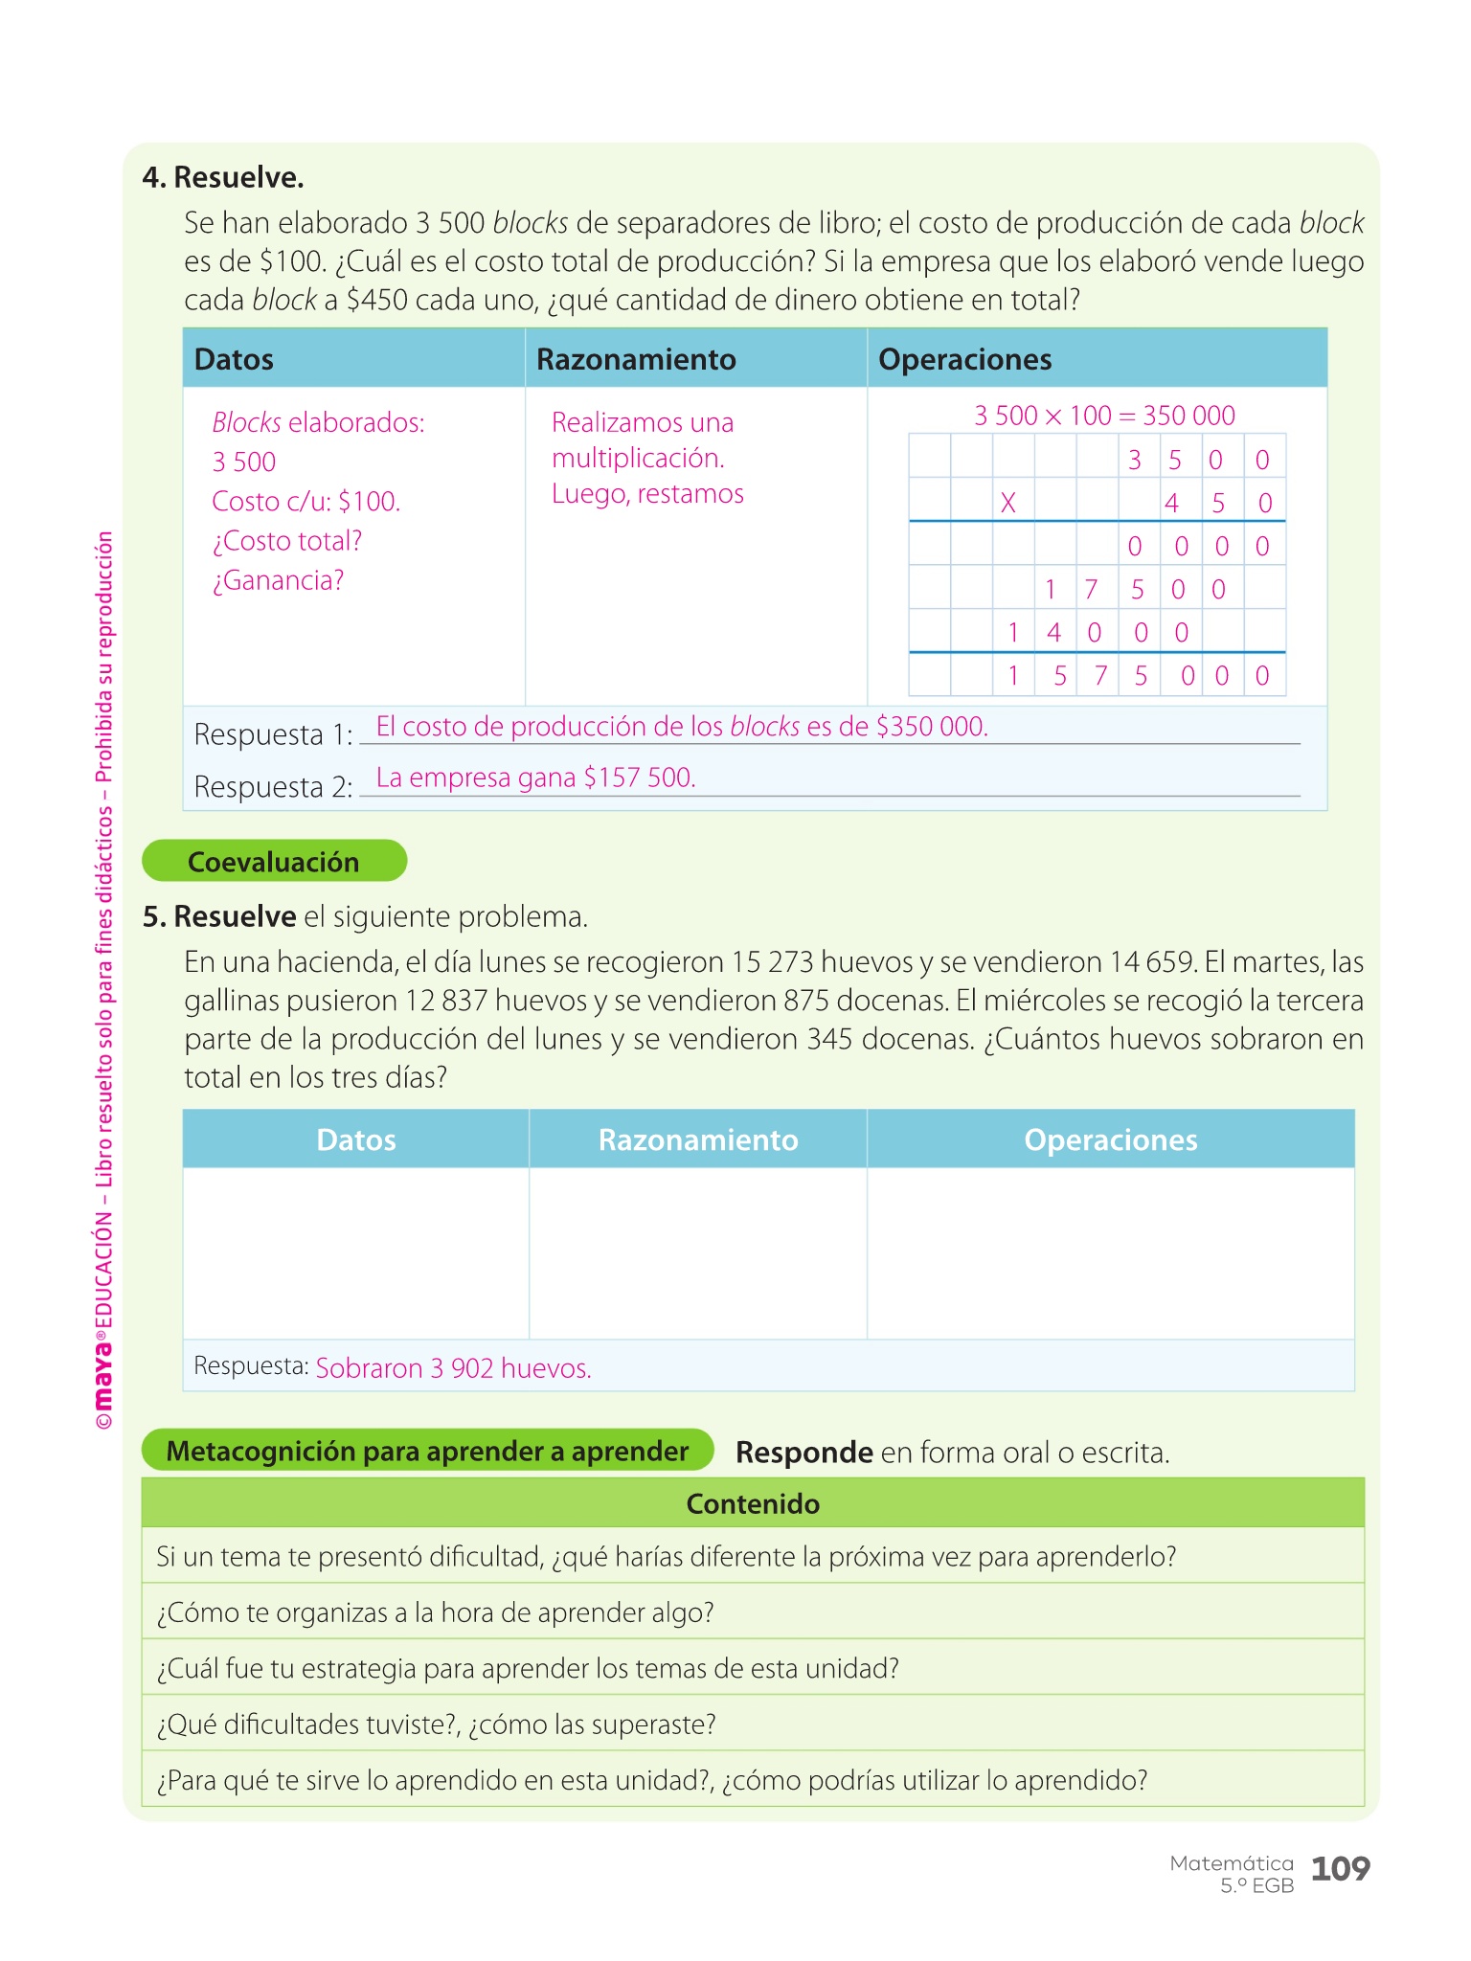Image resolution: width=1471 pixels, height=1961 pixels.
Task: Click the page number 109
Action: (x=1340, y=1868)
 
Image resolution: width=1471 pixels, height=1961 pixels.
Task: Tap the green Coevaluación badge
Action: (x=274, y=861)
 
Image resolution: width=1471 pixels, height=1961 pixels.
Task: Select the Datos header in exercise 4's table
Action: (x=234, y=359)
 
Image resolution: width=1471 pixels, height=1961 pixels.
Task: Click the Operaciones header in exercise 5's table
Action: (x=1110, y=1139)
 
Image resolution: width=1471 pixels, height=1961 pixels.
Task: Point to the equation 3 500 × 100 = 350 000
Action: (x=1104, y=416)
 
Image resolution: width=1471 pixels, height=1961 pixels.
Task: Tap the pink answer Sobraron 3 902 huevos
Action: (x=453, y=1367)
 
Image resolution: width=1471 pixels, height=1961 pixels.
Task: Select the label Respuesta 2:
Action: (x=273, y=787)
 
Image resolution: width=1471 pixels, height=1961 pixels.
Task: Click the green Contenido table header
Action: (x=753, y=1503)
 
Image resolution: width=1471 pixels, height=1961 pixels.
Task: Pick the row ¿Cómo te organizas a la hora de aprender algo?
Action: (x=436, y=1612)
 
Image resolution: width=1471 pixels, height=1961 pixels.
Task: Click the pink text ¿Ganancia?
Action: (x=278, y=580)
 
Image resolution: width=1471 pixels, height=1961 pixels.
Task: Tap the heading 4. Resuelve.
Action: (x=223, y=177)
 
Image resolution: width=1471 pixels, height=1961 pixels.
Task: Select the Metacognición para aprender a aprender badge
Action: (x=427, y=1451)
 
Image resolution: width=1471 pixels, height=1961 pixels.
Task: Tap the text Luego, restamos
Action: (x=647, y=494)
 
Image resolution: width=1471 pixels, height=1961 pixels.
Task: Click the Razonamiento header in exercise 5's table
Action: (x=697, y=1139)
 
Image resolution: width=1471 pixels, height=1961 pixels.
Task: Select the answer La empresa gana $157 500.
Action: (x=535, y=778)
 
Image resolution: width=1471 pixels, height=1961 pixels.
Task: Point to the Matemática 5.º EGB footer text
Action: (x=1233, y=1874)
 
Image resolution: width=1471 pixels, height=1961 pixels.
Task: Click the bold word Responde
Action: (x=803, y=1453)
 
